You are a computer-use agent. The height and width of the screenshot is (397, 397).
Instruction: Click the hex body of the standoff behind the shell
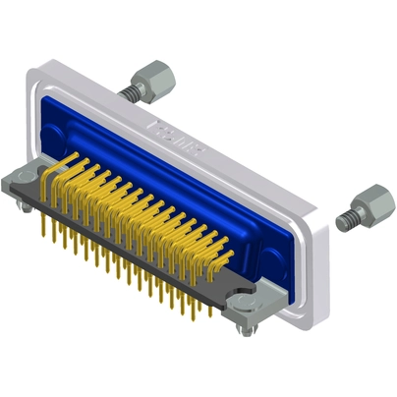[x=153, y=75]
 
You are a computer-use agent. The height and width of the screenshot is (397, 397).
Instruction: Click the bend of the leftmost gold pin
[x=49, y=177]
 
